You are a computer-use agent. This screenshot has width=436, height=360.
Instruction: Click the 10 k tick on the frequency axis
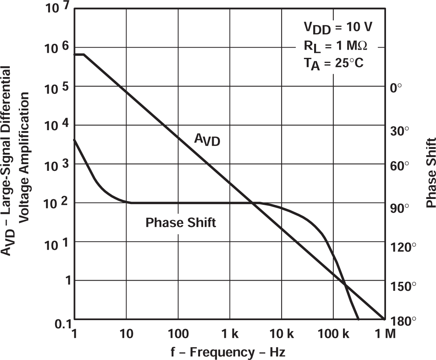[x=281, y=334]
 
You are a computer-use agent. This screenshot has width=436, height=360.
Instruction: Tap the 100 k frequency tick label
[x=333, y=334]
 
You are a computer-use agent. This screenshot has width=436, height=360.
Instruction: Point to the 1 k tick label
[x=230, y=334]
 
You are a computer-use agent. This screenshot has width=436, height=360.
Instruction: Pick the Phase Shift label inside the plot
[x=180, y=223]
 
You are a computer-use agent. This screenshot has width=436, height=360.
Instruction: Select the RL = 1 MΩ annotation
[x=335, y=45]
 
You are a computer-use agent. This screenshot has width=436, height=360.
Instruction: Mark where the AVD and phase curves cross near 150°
[x=345, y=285]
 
